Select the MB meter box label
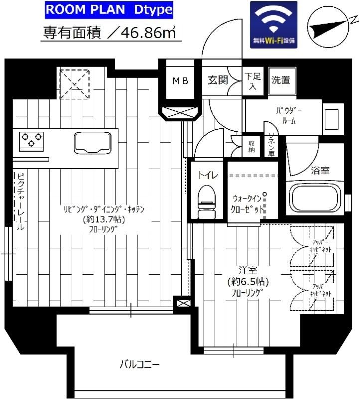coord(180,81)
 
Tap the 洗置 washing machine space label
coord(281,80)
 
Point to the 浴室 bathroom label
coord(320,170)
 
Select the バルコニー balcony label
coord(140,365)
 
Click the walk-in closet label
coord(247,203)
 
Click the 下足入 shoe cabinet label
coord(252,82)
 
